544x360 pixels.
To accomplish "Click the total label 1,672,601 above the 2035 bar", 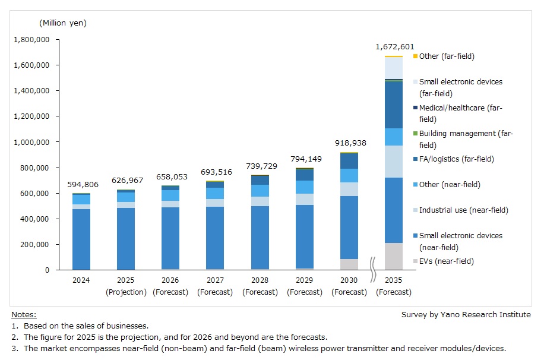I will pyautogui.click(x=394, y=47).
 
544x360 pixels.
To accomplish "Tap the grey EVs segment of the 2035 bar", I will pyautogui.click(x=393, y=257).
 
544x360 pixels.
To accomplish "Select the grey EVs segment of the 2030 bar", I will pyautogui.click(x=349, y=264).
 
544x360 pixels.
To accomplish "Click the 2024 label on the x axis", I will pyautogui.click(x=81, y=281).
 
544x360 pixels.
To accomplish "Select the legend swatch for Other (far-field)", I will pyautogui.click(x=415, y=56).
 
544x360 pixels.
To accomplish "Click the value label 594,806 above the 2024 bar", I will pyautogui.click(x=81, y=185).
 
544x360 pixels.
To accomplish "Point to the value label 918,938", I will pyautogui.click(x=349, y=143).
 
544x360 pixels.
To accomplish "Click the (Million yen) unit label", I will pyautogui.click(x=63, y=23).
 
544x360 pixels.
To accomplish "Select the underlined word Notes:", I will pyautogui.click(x=24, y=314).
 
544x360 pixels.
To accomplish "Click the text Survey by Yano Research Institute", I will pyautogui.click(x=466, y=315).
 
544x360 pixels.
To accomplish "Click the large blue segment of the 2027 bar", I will pyautogui.click(x=215, y=238).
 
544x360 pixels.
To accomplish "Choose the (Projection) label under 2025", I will pyautogui.click(x=125, y=292).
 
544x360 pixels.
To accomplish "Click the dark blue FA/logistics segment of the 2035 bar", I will pyautogui.click(x=393, y=105).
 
